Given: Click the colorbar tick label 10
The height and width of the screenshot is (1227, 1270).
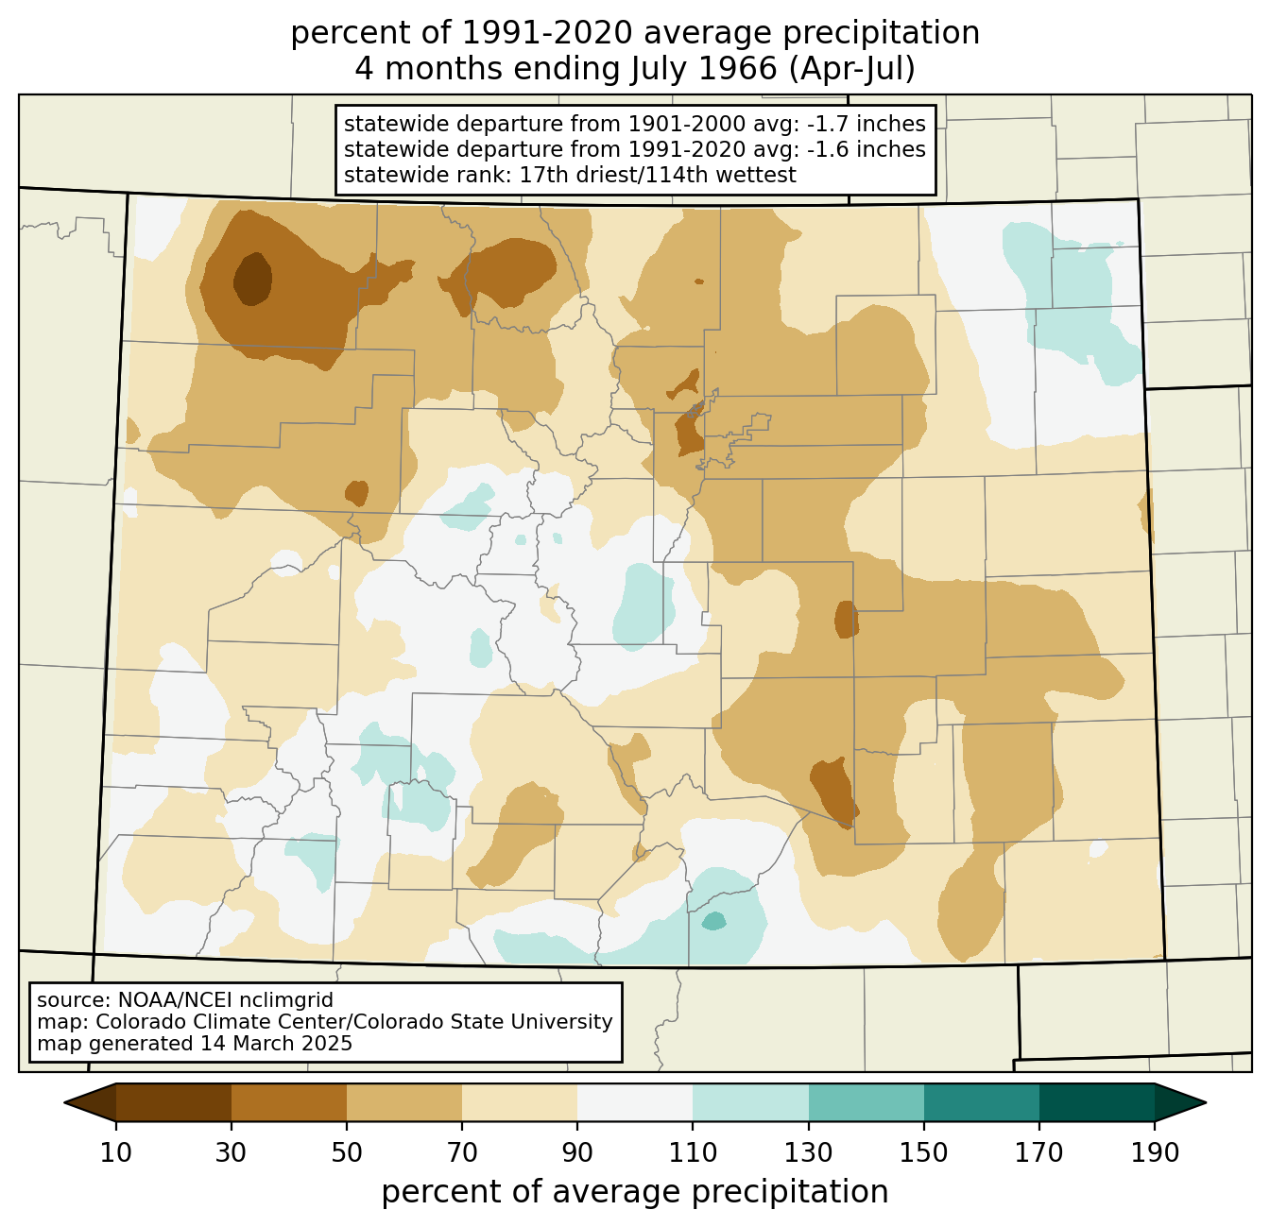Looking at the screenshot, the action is click(115, 1152).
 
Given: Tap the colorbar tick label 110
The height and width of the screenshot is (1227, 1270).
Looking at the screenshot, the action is click(693, 1152).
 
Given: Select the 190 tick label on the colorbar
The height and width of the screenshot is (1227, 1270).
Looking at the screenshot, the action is click(1154, 1152).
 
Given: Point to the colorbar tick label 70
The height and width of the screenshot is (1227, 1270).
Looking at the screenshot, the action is click(462, 1152).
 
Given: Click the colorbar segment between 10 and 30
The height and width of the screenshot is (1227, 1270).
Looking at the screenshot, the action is click(174, 1102).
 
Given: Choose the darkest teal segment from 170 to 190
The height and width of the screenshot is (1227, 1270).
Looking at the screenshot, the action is click(1096, 1102).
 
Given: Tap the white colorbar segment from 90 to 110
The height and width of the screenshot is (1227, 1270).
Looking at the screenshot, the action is click(635, 1102).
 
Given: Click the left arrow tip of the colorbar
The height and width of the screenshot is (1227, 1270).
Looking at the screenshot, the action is click(64, 1102).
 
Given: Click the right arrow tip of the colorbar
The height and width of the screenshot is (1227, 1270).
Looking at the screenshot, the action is click(1206, 1102).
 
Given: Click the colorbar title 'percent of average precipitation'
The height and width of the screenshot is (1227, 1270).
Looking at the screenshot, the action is click(634, 1192).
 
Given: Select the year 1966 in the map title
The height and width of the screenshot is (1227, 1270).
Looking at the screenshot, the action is click(738, 69).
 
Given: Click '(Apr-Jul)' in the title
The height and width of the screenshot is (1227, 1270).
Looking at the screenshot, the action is click(851, 69).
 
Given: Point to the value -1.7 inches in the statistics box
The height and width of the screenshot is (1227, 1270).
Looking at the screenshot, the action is click(866, 124).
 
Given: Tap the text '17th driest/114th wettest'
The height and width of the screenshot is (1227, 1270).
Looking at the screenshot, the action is click(658, 175).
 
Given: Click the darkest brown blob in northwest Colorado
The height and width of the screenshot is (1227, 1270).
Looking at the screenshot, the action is click(252, 280).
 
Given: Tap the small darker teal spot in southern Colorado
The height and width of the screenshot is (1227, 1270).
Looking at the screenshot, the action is click(714, 921).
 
